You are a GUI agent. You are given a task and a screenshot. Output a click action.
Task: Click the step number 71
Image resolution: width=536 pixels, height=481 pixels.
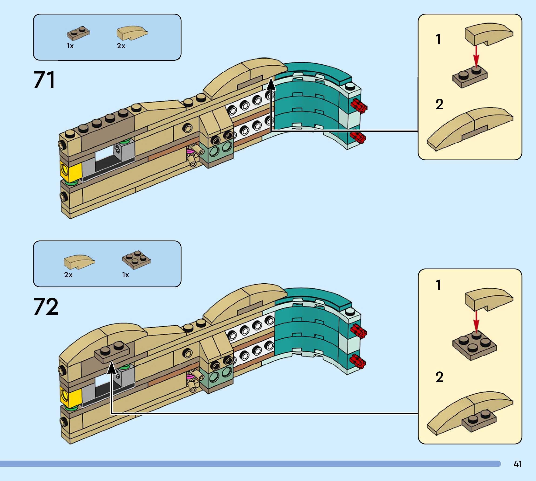point(44,80)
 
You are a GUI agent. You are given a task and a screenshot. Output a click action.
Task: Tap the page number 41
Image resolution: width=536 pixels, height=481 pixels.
point(518,464)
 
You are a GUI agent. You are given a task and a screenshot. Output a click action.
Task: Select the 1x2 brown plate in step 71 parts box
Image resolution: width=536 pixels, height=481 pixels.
point(78,33)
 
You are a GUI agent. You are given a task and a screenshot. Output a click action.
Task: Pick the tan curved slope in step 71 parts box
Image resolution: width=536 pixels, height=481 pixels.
point(132,33)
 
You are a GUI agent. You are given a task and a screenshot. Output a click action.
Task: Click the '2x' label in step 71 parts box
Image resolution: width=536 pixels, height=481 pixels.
point(121,46)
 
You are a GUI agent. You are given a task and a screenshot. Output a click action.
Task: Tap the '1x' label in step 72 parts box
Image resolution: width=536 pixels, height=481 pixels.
point(125,275)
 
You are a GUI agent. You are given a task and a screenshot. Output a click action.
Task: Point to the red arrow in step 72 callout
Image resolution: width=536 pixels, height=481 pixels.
point(476,321)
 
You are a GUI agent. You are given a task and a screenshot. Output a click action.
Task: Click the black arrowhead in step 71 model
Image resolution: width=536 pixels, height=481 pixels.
point(271,84)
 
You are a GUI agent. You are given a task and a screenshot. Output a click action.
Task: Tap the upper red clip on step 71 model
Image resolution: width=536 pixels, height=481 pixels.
point(358,106)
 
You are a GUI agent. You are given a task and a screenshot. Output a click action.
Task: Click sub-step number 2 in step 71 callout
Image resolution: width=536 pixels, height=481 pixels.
point(439,104)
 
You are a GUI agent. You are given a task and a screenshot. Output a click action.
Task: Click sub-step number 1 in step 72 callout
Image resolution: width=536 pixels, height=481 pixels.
point(438,285)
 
